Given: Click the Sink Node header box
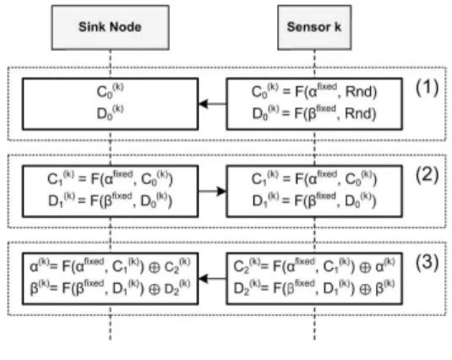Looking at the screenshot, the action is pos(111,27).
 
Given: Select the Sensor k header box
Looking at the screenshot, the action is pos(314,27).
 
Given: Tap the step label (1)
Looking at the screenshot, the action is pos(427,87).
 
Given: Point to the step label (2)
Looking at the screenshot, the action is pos(427,175).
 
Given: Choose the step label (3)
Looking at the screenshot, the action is pos(427,262).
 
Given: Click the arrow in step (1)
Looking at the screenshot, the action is pos(212,104).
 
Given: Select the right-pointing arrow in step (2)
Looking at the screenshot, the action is pos(212,191).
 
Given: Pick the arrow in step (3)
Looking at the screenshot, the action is pos(212,278).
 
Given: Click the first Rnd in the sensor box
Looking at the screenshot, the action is pos(359,92).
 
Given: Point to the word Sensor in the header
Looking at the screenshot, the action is pos(308,27).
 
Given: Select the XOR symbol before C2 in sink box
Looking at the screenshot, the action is pos(155,268).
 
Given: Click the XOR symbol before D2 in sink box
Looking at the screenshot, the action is pos(155,289).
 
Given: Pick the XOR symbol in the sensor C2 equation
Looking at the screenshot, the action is pos(365,268).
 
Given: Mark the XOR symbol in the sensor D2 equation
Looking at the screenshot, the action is pos(365,289).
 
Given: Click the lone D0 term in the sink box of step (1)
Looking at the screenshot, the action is pos(110,112).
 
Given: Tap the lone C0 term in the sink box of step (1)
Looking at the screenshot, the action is pos(110,90).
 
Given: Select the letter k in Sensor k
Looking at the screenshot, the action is pos(338,27).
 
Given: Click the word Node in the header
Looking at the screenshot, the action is pos(126,27).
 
